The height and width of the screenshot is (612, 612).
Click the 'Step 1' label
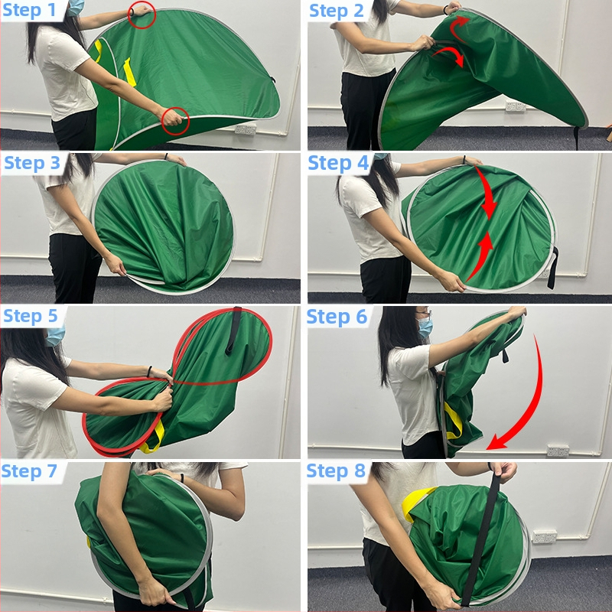coord(29,11)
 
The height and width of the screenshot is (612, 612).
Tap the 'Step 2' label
coord(337,11)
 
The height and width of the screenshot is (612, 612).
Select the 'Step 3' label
coord(32,163)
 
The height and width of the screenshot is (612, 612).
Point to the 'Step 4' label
coord(338,163)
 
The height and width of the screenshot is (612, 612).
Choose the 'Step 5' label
coord(31,316)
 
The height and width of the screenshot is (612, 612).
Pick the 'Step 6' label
coord(337,317)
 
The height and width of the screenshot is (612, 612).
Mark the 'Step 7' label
coord(29,470)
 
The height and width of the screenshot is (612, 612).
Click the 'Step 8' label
coord(336,470)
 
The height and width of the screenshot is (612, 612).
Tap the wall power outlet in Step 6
coord(558,450)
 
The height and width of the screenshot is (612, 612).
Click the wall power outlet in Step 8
coord(545,537)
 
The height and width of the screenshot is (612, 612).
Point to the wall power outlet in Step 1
coord(246,129)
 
